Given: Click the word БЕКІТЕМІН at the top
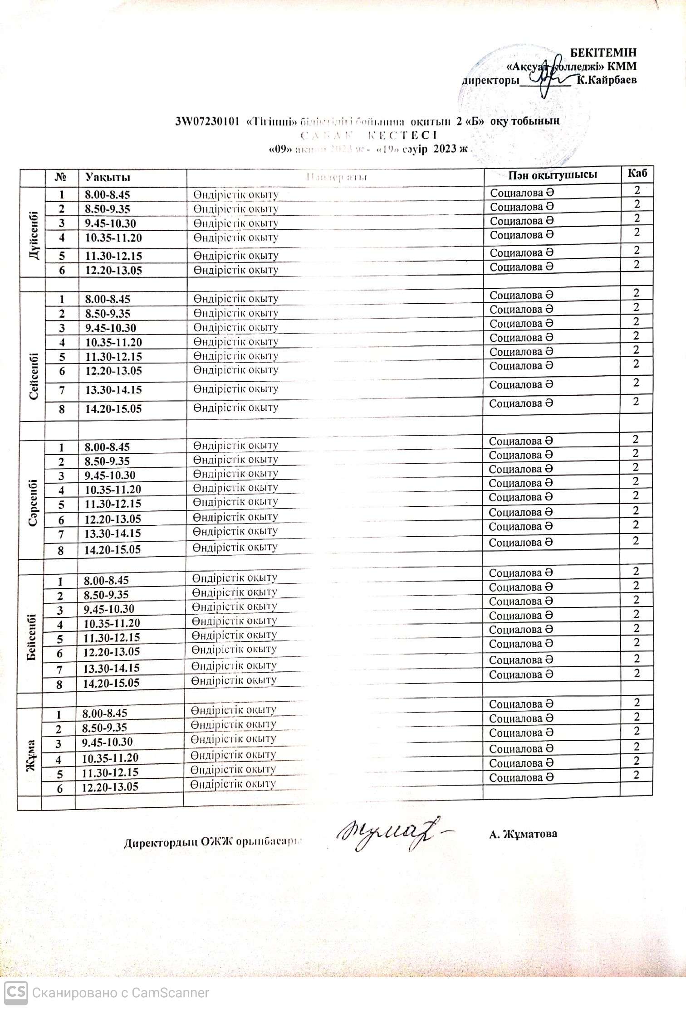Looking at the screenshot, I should [603, 52].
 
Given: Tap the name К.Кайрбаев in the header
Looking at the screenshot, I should [606, 80].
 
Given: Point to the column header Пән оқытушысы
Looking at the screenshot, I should [552, 175].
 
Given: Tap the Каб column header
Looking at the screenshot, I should [637, 173].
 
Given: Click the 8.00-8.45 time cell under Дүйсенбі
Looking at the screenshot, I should [108, 195].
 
